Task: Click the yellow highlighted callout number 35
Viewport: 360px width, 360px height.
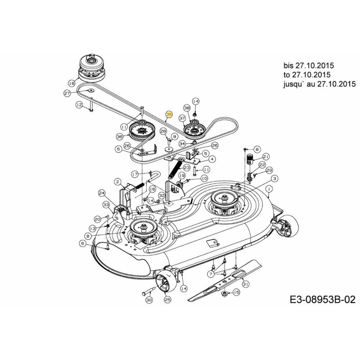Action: (169, 115)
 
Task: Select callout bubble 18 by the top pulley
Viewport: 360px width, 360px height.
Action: (71, 83)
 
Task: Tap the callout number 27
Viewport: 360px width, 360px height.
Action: (67, 93)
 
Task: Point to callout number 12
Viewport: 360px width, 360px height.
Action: (79, 105)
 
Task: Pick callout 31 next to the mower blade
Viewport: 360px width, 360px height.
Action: (245, 283)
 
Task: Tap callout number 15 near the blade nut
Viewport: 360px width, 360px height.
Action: (237, 292)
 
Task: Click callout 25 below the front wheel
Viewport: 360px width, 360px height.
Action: (167, 299)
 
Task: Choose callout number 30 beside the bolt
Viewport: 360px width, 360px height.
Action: (149, 300)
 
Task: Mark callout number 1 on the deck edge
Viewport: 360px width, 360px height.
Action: (269, 189)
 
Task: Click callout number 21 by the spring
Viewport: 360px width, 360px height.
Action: (266, 156)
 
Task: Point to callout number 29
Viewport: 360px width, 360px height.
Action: (270, 170)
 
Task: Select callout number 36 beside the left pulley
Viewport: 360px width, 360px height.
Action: (119, 136)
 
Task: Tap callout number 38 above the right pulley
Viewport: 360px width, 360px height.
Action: (187, 108)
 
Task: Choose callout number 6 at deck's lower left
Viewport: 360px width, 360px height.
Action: (82, 243)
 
